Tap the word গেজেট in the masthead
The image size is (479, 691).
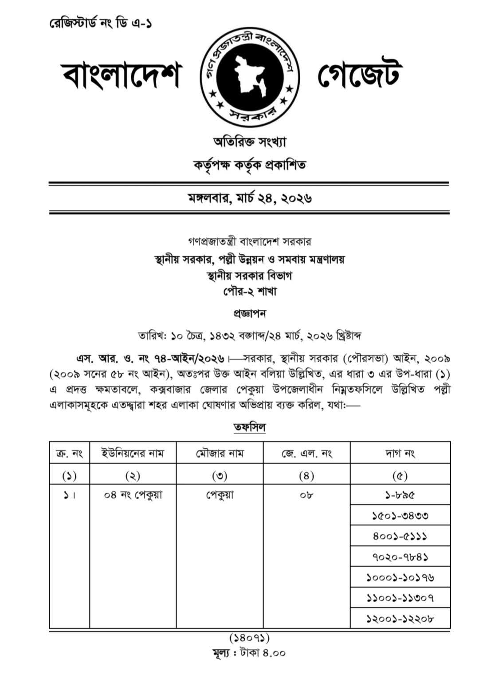tap(360, 75)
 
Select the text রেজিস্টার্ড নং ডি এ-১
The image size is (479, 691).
tap(101, 23)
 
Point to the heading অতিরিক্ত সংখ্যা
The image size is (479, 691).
tap(250, 142)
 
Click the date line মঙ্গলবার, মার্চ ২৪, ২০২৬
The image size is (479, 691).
tap(249, 198)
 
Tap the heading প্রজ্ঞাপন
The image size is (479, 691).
tap(250, 313)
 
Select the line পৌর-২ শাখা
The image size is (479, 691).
tap(250, 292)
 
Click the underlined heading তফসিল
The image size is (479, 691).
tap(250, 427)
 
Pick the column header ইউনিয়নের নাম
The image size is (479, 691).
tap(133, 453)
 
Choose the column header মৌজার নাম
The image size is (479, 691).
tap(220, 453)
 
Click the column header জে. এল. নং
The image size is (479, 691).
tap(306, 453)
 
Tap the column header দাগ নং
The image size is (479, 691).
tap(400, 453)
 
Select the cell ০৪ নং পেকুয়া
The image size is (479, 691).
tap(133, 494)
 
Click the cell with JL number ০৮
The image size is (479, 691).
tap(306, 494)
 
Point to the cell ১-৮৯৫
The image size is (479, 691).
tap(400, 494)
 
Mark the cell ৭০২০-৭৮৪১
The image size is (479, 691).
tap(400, 557)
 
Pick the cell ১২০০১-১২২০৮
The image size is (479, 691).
tap(400, 618)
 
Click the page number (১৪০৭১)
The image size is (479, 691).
tap(249, 638)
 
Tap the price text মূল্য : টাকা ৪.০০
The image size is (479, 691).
tap(249, 653)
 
